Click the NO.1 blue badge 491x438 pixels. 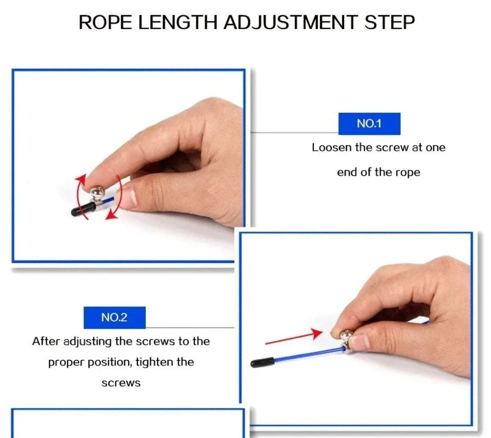(369, 124)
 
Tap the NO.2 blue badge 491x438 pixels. (114, 317)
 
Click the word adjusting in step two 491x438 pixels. (88, 341)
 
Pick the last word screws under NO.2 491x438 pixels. (121, 383)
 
